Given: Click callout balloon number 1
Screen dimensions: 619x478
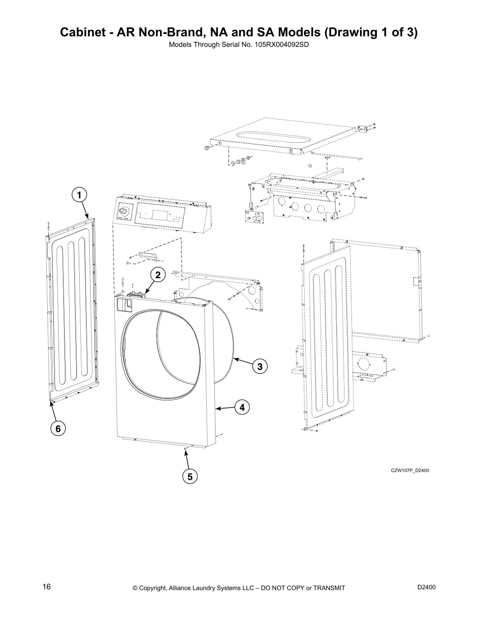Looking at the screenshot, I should click(x=79, y=195).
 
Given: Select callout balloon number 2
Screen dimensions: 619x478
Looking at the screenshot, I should click(x=158, y=276).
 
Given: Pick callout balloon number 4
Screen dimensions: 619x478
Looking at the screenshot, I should click(x=242, y=408).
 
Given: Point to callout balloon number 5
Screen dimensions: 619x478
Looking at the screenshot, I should click(x=190, y=476).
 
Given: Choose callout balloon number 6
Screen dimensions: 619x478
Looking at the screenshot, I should click(x=58, y=429).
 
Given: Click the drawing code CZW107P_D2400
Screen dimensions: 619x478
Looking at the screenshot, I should click(x=410, y=470).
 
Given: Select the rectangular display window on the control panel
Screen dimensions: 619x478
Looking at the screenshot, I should click(x=161, y=215).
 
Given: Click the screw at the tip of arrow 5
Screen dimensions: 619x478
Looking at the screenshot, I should click(x=184, y=450).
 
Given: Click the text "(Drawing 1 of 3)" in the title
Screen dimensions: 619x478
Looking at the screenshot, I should click(x=371, y=32).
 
